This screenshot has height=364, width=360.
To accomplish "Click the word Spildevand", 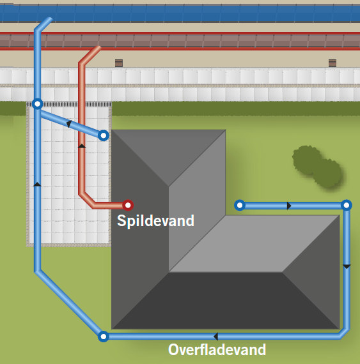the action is click(x=155, y=221).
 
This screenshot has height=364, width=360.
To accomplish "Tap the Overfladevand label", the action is click(x=217, y=349).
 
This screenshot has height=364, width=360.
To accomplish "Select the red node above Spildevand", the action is click(x=128, y=205).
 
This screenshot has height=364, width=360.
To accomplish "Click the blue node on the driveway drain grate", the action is click(x=38, y=103).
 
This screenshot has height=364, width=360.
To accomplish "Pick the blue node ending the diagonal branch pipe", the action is click(x=104, y=135).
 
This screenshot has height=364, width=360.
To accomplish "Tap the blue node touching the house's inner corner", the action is click(x=240, y=205).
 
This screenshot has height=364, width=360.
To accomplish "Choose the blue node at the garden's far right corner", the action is click(x=347, y=205).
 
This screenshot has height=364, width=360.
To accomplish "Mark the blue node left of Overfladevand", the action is click(x=104, y=337).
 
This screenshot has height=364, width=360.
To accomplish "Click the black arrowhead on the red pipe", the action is click(x=82, y=146).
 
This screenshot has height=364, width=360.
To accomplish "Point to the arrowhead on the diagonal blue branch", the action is click(x=69, y=124).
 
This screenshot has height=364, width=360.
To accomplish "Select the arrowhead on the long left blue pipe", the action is click(x=38, y=185).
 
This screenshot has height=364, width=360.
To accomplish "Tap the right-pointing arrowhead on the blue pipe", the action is click(x=289, y=206).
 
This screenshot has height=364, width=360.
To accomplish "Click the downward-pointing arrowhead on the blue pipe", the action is click(x=347, y=267).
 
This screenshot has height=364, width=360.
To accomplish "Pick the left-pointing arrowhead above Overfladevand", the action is click(x=215, y=337).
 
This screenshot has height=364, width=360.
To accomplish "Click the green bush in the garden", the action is click(x=317, y=166).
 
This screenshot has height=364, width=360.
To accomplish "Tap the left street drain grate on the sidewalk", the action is click(x=119, y=63).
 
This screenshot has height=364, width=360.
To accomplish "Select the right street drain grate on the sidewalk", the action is click(x=333, y=63).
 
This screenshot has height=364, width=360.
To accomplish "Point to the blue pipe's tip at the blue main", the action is click(x=50, y=19).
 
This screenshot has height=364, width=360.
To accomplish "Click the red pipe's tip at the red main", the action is click(x=99, y=48).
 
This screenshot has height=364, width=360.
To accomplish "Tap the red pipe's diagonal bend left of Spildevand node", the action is click(x=87, y=200).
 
